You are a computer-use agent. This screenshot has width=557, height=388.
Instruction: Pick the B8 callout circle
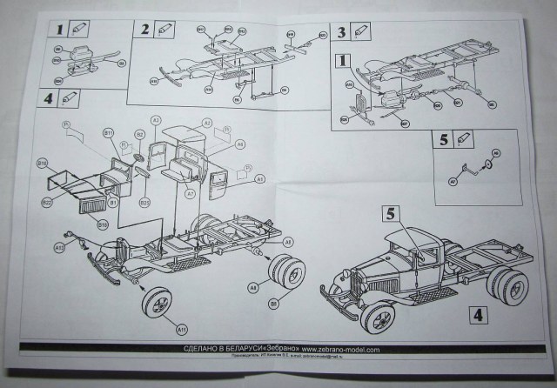[272, 304]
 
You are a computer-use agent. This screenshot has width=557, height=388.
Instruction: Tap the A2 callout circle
[208, 121]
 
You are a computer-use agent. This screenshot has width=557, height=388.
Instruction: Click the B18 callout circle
[102, 224]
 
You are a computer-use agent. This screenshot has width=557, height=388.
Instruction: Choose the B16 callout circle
[42, 163]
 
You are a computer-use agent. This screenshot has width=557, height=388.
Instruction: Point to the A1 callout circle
[260, 178]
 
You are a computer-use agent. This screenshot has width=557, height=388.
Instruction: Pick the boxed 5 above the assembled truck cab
[392, 211]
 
